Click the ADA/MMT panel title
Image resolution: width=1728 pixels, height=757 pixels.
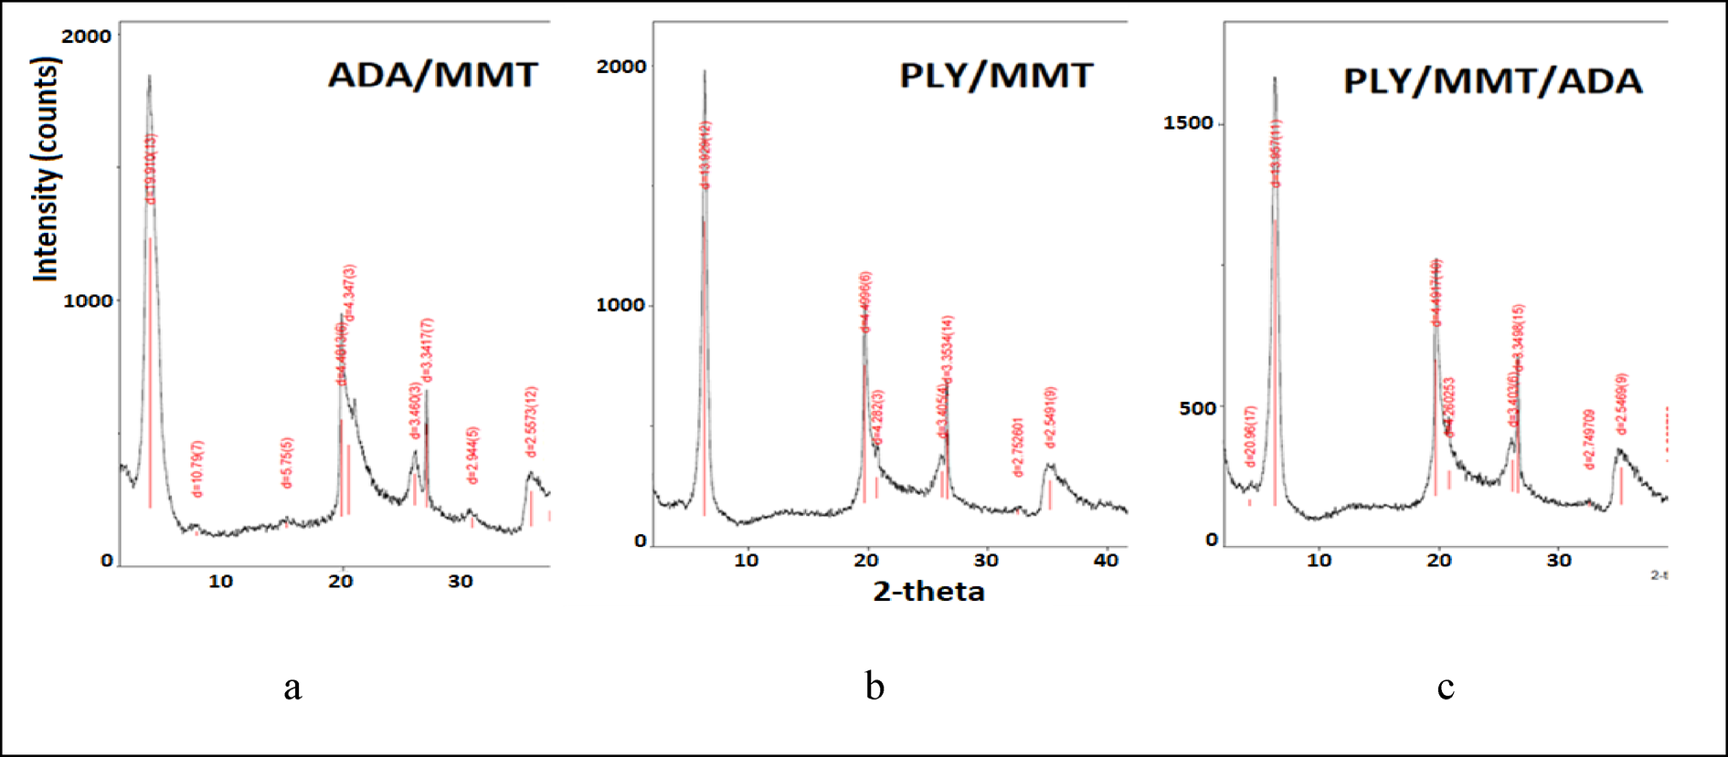click(432, 75)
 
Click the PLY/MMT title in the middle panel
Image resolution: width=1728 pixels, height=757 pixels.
click(996, 75)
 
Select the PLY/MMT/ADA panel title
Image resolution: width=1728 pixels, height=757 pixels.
click(1492, 81)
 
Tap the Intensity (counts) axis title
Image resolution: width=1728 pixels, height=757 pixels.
click(46, 169)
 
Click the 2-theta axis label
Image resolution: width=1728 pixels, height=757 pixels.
click(928, 592)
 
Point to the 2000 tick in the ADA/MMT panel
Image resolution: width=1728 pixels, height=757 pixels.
click(86, 37)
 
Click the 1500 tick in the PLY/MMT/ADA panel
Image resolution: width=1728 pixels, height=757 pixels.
click(1188, 122)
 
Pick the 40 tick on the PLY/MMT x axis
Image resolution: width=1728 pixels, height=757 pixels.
click(1106, 561)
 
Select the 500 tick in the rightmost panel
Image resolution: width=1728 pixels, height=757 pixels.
click(1197, 408)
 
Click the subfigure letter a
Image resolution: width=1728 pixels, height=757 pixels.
click(292, 687)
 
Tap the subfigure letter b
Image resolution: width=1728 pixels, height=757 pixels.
click(875, 687)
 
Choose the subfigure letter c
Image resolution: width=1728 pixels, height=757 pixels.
click(1445, 687)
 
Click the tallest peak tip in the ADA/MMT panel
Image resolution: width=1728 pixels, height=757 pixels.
click(149, 77)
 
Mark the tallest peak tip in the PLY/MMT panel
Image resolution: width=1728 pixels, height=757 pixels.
click(704, 71)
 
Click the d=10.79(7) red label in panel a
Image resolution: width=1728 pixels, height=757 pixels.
click(197, 468)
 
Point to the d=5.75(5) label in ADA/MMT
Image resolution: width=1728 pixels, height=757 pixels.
click(287, 463)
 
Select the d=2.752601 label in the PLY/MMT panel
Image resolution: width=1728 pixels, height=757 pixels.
click(1017, 447)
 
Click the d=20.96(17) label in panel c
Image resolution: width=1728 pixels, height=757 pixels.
click(1250, 436)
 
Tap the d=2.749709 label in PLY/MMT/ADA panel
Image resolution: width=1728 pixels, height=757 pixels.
click(1589, 439)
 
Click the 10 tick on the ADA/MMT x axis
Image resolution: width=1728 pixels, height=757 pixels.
click(220, 582)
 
